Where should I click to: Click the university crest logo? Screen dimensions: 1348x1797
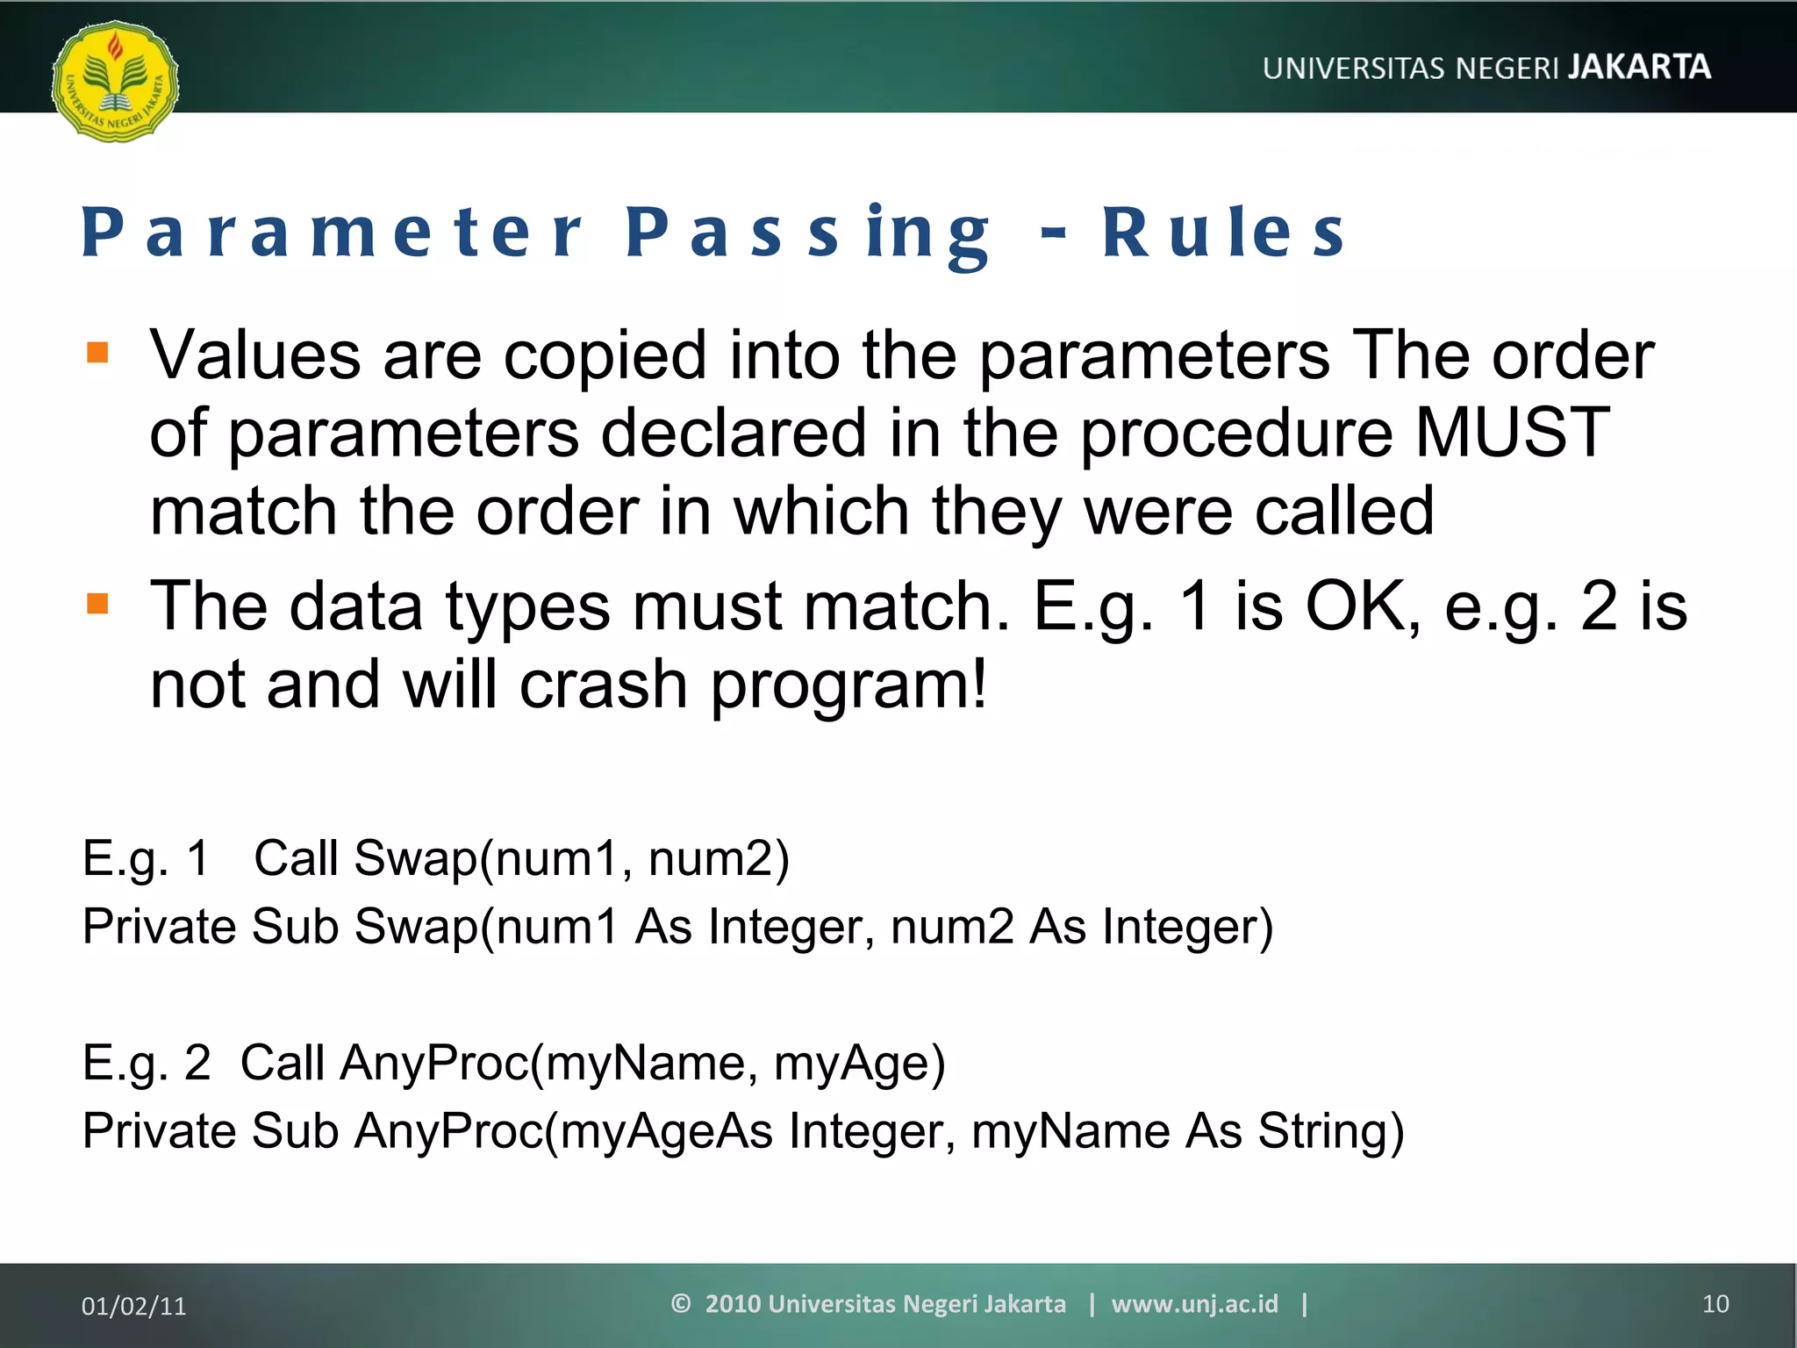tap(115, 82)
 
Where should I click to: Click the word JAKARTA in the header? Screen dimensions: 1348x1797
tap(1639, 68)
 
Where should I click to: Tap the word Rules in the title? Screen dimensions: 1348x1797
tap(1223, 233)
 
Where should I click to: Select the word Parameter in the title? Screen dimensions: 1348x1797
tap(332, 233)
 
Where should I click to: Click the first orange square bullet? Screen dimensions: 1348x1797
tap(97, 353)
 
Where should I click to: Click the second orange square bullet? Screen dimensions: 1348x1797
tap(97, 604)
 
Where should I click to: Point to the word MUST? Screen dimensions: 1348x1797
tap(1512, 433)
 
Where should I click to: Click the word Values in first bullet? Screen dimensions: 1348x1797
tap(255, 355)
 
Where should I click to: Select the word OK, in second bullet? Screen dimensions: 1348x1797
tap(1363, 606)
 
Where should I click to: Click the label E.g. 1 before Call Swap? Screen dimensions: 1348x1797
tap(146, 858)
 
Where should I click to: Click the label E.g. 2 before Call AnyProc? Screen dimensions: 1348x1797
tap(146, 1063)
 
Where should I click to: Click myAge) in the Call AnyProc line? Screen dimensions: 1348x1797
tap(859, 1063)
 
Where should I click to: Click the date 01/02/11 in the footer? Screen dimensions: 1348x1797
tap(133, 1306)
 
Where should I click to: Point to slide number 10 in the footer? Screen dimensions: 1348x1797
tap(1715, 1304)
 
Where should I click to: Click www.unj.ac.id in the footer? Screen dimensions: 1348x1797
tap(1194, 1304)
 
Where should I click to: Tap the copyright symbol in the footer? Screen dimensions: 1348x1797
tap(681, 1303)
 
